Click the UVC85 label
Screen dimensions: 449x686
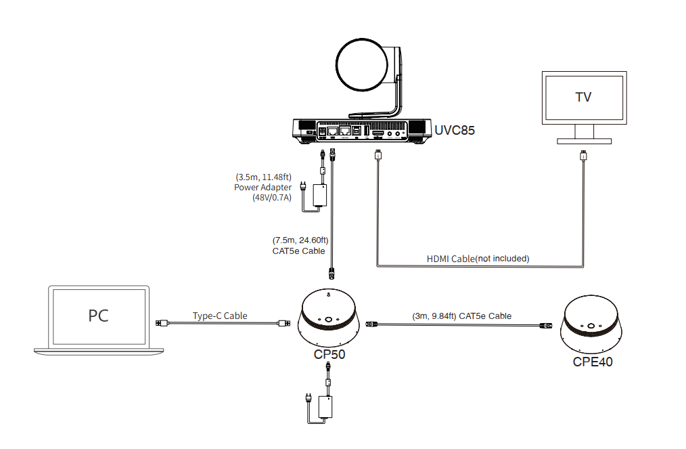pos(454,129)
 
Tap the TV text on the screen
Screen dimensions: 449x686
pos(582,97)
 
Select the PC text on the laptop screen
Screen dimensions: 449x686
pos(98,316)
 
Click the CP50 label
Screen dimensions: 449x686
pos(329,354)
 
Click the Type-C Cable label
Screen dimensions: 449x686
pos(220,316)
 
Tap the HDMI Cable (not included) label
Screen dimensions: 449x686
pos(478,258)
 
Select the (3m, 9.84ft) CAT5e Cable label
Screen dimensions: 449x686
pos(461,316)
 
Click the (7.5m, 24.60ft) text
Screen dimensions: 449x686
pos(300,240)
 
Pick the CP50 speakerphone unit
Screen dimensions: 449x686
pos(329,318)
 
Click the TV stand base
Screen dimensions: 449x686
pos(583,140)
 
